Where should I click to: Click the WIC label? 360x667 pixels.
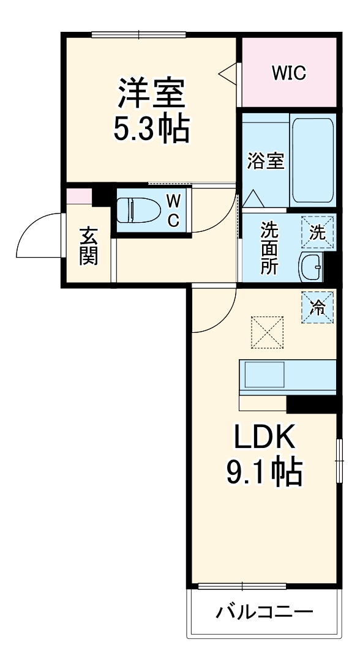point(289,73)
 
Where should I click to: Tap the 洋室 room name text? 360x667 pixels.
point(151,94)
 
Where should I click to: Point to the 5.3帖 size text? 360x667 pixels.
point(151,128)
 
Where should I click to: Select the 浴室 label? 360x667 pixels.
point(265,162)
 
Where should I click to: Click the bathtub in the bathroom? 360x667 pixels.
point(312,161)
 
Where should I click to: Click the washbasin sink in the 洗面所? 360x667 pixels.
point(310,266)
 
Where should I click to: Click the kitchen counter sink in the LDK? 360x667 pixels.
point(264,374)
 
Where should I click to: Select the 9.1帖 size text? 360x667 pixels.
point(265,472)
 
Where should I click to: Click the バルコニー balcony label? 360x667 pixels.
point(264,611)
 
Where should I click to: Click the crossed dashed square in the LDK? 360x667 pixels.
point(268,332)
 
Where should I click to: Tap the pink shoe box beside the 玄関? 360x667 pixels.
point(79,196)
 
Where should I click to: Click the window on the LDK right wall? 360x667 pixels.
point(339,461)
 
